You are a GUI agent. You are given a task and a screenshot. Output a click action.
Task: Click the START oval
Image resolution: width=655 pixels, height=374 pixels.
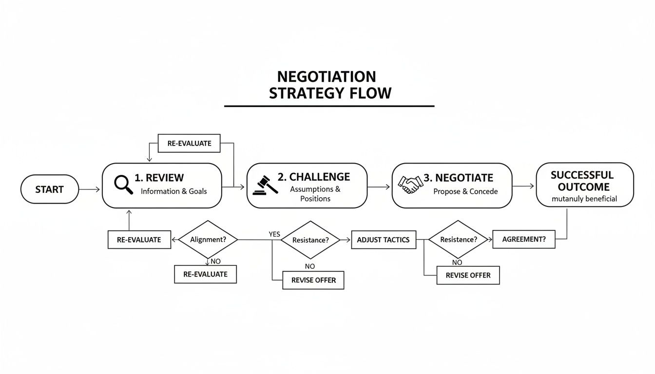click(x=50, y=189)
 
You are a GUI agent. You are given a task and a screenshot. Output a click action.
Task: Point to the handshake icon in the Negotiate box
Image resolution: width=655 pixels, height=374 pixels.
click(x=410, y=185)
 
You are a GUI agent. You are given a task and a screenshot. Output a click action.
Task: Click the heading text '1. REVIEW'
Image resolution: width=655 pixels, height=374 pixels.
click(x=159, y=178)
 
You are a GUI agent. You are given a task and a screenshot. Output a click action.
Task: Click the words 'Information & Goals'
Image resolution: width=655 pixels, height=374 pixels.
click(x=173, y=191)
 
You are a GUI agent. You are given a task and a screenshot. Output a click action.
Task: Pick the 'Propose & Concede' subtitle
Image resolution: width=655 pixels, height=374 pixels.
click(x=465, y=192)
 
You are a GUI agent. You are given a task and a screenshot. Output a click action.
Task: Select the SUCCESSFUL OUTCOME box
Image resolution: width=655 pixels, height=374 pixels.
click(x=584, y=185)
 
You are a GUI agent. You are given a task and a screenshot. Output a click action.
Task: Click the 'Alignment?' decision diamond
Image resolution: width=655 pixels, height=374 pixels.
click(x=208, y=240)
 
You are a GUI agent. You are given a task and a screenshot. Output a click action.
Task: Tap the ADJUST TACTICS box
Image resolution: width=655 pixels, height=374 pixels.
click(x=384, y=240)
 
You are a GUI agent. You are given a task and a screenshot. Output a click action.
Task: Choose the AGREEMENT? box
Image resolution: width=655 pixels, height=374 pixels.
click(x=524, y=240)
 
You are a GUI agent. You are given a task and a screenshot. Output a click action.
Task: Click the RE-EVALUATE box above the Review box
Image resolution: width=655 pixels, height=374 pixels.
click(x=189, y=144)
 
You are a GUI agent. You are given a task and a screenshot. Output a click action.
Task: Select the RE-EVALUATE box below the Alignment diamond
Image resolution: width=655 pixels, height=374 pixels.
click(x=205, y=274)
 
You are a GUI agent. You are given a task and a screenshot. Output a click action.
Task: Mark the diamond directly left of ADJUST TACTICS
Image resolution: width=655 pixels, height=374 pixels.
click(x=310, y=240)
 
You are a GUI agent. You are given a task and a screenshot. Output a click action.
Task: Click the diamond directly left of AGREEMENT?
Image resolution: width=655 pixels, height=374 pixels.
click(x=458, y=240)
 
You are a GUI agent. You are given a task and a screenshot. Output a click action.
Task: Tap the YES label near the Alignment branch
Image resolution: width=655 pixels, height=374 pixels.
click(x=274, y=234)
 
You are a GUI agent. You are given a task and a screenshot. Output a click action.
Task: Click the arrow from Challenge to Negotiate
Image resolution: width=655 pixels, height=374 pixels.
click(x=379, y=187)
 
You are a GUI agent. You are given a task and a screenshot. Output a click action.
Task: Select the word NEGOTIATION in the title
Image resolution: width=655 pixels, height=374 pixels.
click(x=326, y=77)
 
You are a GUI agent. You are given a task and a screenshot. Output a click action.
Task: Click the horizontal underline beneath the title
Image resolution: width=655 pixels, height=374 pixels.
click(x=329, y=106)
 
